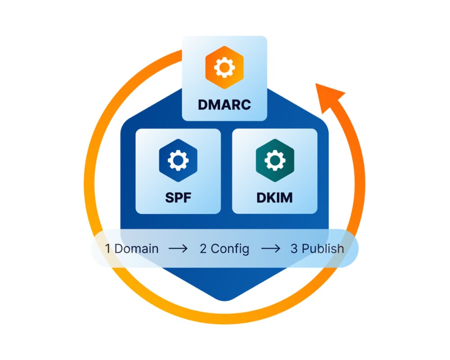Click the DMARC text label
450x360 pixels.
[224, 104]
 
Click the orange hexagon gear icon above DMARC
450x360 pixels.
[224, 68]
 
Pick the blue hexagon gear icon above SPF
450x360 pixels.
[178, 161]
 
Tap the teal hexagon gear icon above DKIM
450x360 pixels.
[274, 161]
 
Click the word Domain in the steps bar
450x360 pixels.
[137, 248]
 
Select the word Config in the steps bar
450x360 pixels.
[230, 249]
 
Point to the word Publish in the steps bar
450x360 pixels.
[323, 248]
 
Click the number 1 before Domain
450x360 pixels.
[108, 248]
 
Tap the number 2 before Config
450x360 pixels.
[203, 248]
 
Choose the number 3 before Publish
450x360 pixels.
[294, 248]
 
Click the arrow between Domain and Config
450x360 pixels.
[178, 248]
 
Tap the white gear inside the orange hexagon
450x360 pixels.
[224, 68]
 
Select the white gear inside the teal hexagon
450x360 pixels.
[274, 161]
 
